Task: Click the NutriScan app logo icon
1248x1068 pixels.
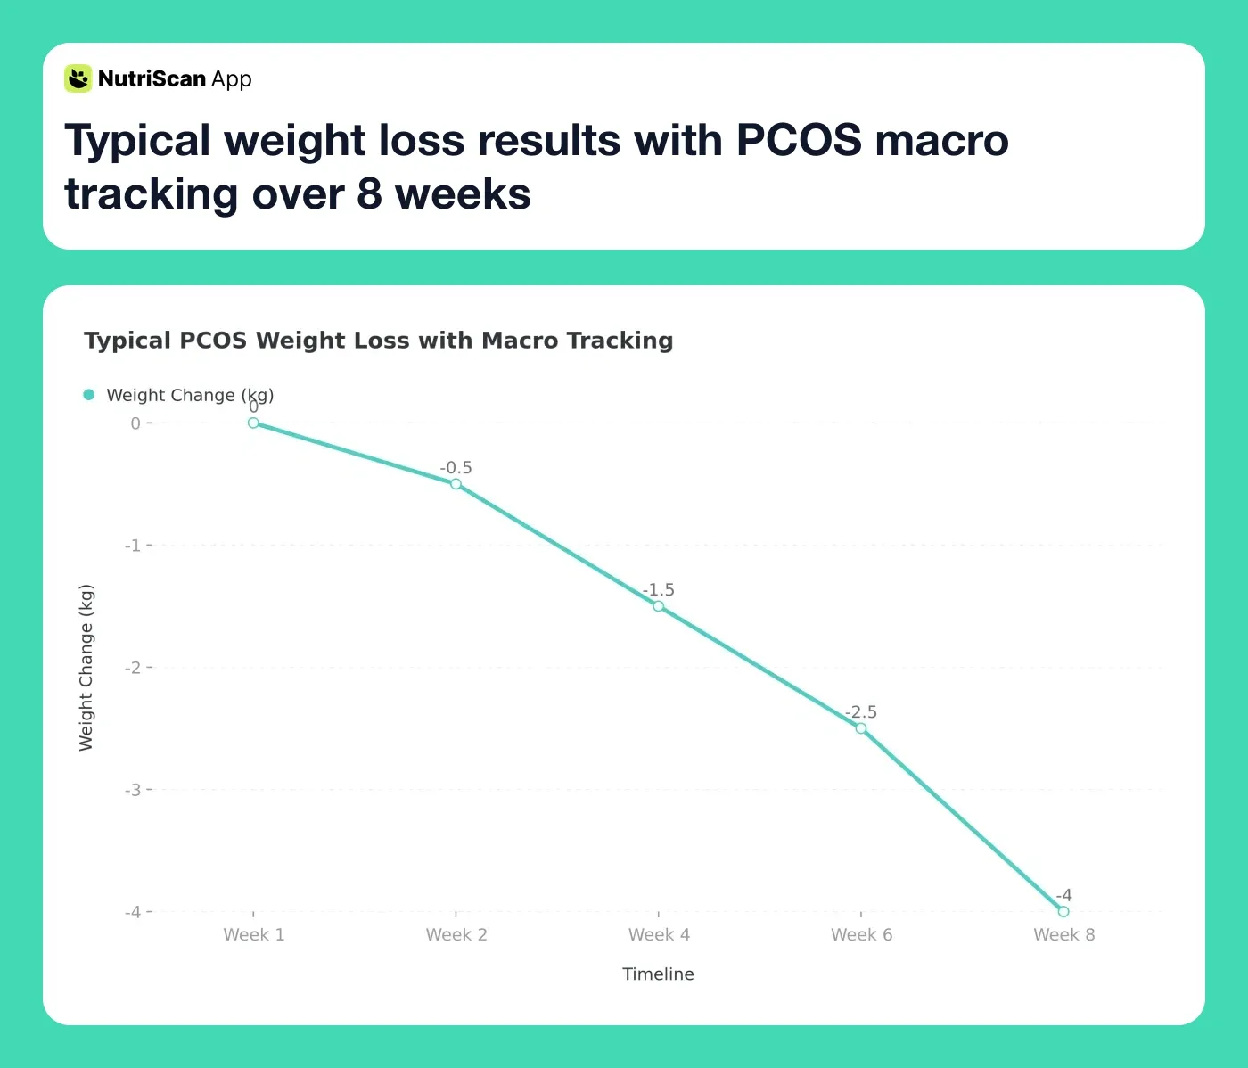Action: (x=78, y=78)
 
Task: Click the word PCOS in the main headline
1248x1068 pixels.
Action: (x=798, y=141)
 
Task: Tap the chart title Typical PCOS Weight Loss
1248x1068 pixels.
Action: (x=378, y=341)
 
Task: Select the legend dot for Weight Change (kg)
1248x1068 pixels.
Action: (x=89, y=395)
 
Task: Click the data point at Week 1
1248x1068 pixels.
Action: (x=253, y=423)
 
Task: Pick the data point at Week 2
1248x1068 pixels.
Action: (x=456, y=484)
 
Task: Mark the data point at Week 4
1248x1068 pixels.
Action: (x=658, y=606)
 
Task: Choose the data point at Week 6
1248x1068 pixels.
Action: (x=861, y=728)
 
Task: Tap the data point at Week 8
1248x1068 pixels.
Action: (x=1063, y=911)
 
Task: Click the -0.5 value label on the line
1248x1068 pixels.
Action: (x=456, y=468)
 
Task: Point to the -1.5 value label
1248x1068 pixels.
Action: (x=659, y=590)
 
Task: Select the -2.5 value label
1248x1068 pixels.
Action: (x=861, y=712)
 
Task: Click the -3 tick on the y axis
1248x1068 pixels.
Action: (x=133, y=790)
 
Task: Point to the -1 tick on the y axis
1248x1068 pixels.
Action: (x=133, y=546)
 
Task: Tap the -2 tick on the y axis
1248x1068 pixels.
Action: (x=133, y=668)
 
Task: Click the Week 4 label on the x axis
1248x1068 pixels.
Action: (x=659, y=934)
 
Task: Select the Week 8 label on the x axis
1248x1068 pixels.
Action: (x=1063, y=934)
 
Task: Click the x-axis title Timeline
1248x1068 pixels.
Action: (x=658, y=974)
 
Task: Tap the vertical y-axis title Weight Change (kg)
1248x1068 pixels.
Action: (x=86, y=668)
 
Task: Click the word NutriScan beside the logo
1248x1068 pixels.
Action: (x=152, y=79)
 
